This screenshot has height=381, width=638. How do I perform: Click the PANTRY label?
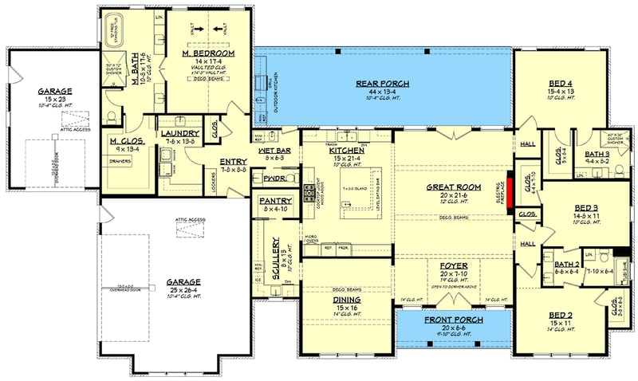[x=274, y=200]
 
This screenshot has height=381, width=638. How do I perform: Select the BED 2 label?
[x=562, y=316]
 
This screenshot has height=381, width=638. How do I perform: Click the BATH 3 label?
[x=600, y=153]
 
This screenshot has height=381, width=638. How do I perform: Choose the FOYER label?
[x=454, y=265]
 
